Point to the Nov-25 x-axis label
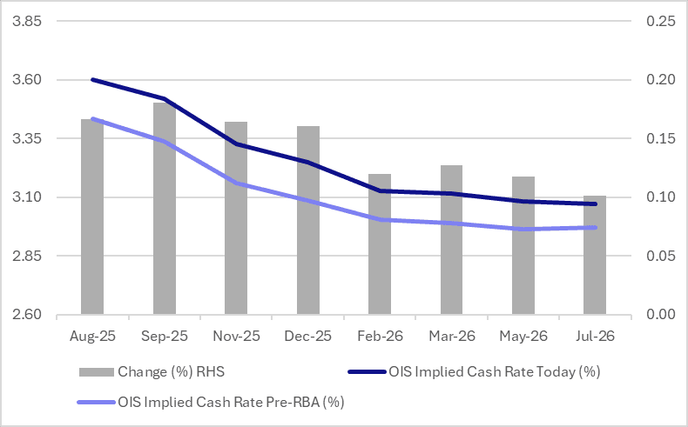click(236, 334)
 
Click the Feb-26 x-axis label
click(380, 334)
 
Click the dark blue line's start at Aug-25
click(92, 80)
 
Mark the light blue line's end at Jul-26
click(595, 228)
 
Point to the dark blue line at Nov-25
click(236, 144)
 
